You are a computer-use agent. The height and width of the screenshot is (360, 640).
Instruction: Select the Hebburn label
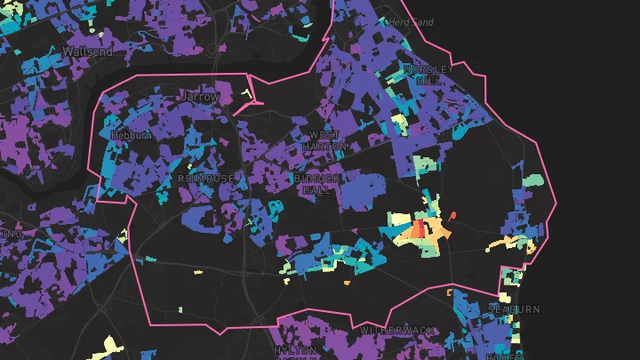click(x=130, y=135)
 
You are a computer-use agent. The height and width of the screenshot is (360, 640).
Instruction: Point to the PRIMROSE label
click(x=205, y=179)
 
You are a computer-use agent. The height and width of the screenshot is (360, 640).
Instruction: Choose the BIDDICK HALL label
click(x=317, y=184)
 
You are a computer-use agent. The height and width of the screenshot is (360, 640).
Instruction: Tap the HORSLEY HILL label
click(x=428, y=74)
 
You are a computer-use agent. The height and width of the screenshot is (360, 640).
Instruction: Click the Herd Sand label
click(x=412, y=21)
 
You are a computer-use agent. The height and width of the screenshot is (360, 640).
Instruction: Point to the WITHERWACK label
click(x=397, y=331)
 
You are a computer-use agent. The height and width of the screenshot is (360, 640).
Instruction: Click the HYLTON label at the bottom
click(x=296, y=351)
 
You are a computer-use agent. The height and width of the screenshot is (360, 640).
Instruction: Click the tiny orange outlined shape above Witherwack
click(x=450, y=292)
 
